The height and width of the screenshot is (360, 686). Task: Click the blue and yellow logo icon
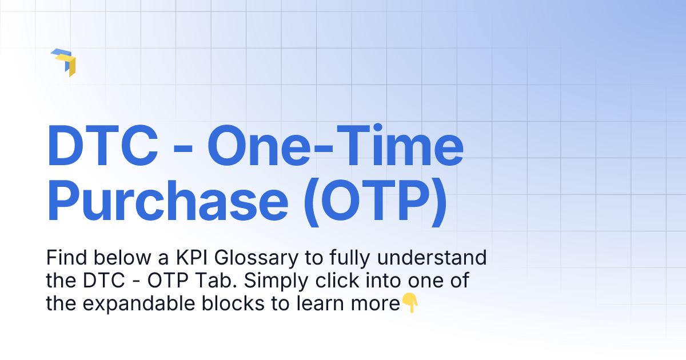click(x=63, y=62)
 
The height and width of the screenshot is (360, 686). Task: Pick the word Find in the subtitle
click(x=63, y=258)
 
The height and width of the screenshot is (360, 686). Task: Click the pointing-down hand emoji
click(x=410, y=303)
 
